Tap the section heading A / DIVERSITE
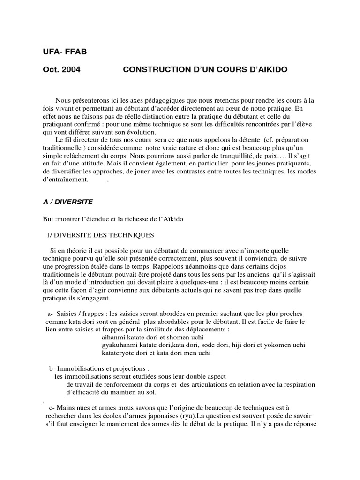[x=67, y=202]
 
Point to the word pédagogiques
[x=140, y=101]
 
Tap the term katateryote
[x=120, y=353]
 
